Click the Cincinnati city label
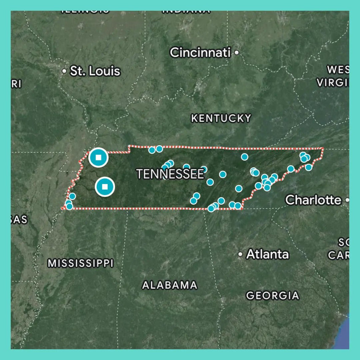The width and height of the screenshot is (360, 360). (x=200, y=53)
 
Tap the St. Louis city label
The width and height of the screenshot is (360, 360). (x=95, y=71)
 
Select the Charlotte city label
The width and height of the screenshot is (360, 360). (x=313, y=199)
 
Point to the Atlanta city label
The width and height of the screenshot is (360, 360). (x=267, y=254)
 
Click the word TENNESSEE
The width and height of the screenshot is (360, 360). (x=170, y=174)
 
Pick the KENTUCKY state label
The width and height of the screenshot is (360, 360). (x=221, y=118)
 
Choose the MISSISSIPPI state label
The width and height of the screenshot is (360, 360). (x=80, y=263)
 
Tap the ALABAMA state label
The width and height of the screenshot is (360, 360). (x=169, y=285)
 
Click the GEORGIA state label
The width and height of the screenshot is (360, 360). (x=273, y=295)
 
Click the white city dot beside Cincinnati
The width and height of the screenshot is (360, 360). (x=237, y=53)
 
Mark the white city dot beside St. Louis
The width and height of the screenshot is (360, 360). (x=64, y=71)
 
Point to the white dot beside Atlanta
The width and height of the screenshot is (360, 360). (x=240, y=254)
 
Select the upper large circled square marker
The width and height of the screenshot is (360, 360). (x=98, y=158)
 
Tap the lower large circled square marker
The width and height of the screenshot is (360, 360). (x=105, y=186)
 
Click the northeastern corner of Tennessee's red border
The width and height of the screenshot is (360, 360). (x=323, y=148)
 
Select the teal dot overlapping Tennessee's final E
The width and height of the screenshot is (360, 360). (x=204, y=169)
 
